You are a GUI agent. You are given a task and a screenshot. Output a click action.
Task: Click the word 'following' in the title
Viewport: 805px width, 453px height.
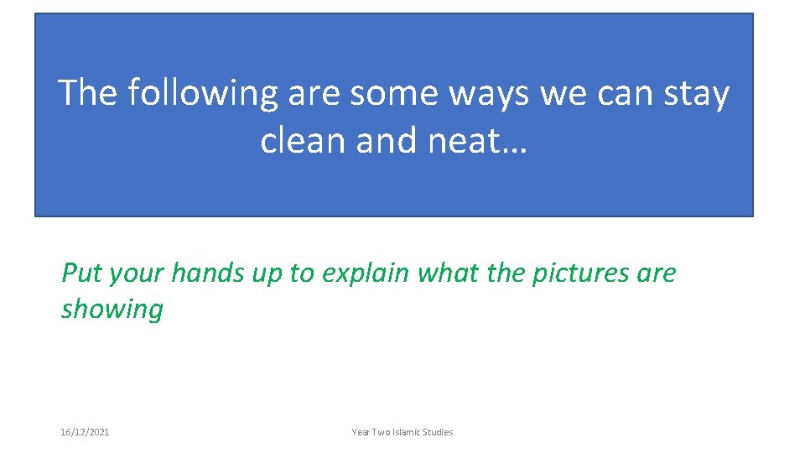pyautogui.click(x=202, y=93)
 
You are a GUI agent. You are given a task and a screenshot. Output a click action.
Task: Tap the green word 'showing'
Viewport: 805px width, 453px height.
pyautogui.click(x=112, y=310)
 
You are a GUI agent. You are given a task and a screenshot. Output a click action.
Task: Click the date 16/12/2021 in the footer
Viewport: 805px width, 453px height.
pyautogui.click(x=85, y=432)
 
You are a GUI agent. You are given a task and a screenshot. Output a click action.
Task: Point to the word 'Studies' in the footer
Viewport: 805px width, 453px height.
pyautogui.click(x=437, y=432)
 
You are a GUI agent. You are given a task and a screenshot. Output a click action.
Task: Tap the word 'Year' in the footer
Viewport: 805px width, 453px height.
pyautogui.click(x=361, y=432)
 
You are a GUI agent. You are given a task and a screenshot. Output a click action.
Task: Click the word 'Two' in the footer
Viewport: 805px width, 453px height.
pyautogui.click(x=380, y=432)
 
